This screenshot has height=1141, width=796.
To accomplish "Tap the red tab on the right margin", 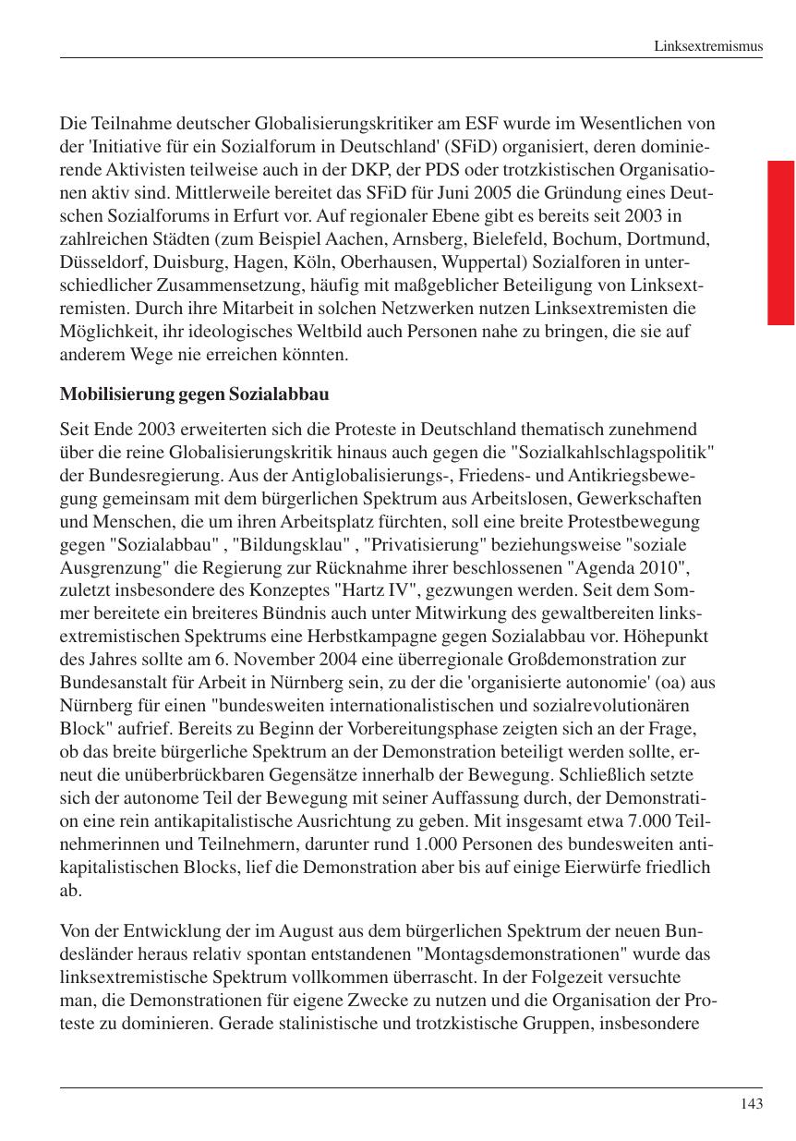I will click(x=780, y=243).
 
